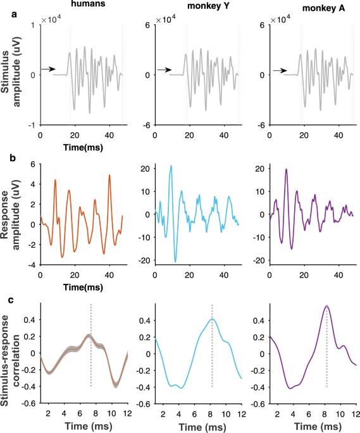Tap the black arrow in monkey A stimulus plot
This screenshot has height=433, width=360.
tap(276, 70)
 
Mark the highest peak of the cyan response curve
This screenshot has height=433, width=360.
tap(171, 166)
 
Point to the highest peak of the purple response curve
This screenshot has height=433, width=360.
tap(286, 169)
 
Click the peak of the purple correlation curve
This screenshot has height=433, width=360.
tap(326, 307)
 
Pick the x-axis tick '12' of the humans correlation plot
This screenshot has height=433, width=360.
tap(127, 413)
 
